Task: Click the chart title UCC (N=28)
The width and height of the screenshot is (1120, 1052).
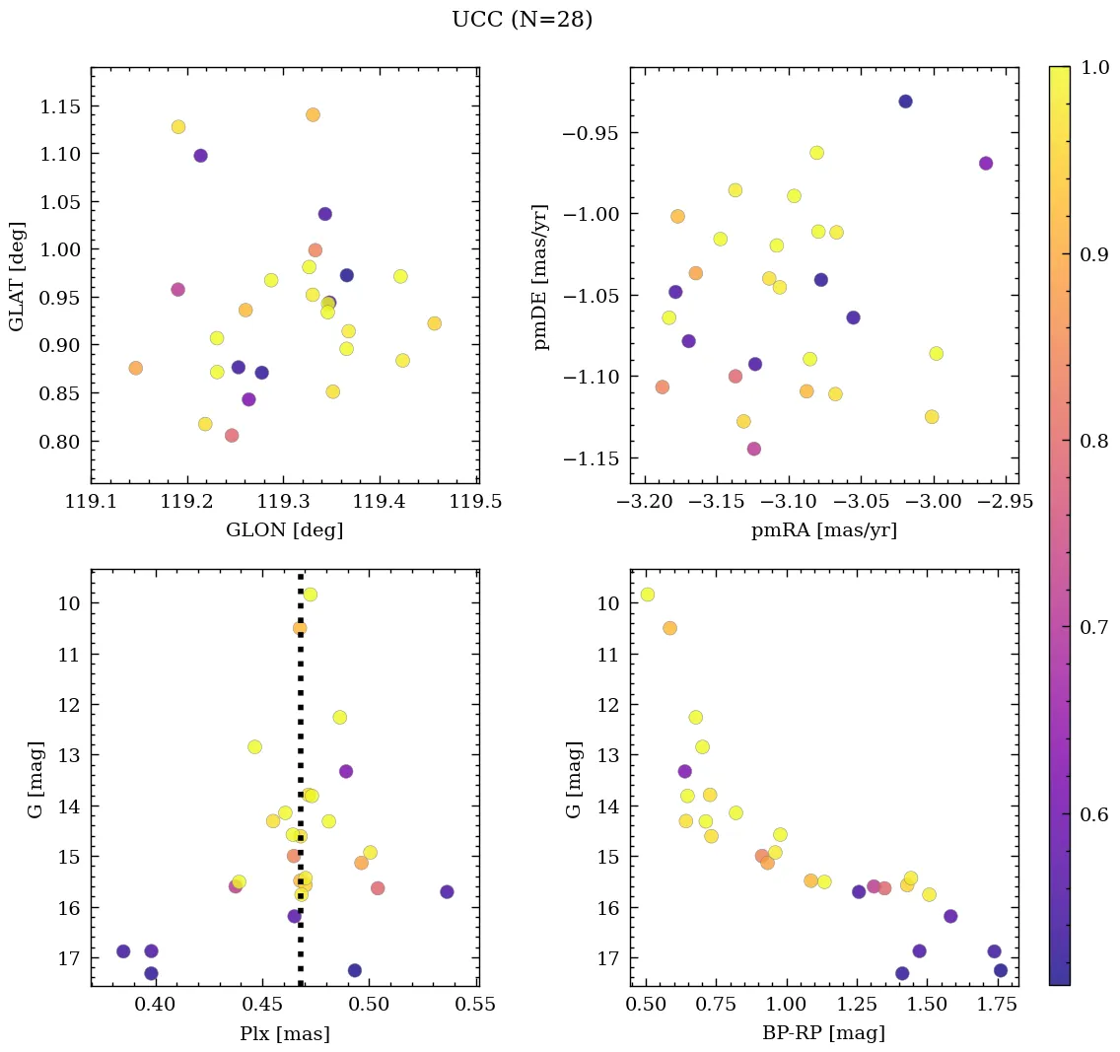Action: [x=522, y=20]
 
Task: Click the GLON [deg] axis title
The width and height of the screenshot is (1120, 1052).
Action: [x=284, y=530]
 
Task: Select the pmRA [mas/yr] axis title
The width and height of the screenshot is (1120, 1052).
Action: [x=824, y=530]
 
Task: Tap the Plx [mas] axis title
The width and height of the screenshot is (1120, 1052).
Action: [x=284, y=1033]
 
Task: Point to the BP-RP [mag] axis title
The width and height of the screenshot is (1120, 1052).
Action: [x=824, y=1033]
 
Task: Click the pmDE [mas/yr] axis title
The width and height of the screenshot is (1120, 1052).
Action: [x=541, y=277]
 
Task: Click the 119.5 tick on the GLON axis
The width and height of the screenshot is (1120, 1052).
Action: [x=477, y=501]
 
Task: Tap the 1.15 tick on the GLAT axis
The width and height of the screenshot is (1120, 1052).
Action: [x=59, y=106]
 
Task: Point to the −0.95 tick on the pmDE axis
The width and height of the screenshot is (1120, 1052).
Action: [x=590, y=133]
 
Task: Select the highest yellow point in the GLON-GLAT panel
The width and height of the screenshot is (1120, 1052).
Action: [x=178, y=127]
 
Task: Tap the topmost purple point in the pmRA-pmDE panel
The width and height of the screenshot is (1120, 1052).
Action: [x=905, y=102]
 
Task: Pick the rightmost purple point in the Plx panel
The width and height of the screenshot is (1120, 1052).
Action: [x=447, y=891]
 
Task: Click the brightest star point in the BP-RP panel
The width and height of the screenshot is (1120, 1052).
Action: [x=647, y=595]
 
